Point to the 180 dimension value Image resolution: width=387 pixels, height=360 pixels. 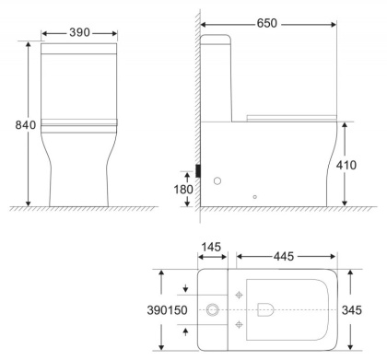tap(184, 190)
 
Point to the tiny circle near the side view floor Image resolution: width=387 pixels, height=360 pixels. tap(255, 195)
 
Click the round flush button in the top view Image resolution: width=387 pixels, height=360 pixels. tap(214, 308)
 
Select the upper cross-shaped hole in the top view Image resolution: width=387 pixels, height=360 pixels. tap(240, 294)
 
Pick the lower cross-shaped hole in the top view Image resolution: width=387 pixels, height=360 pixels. tap(240, 323)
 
